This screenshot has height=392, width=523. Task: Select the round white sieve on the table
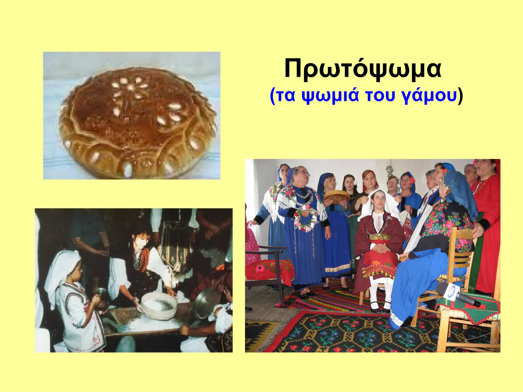[158, 305]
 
